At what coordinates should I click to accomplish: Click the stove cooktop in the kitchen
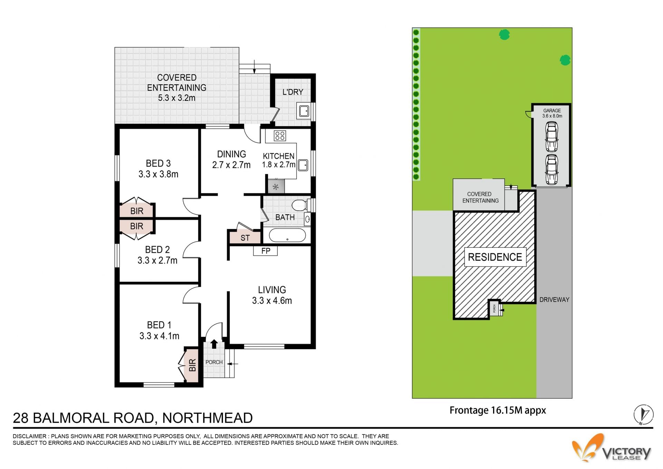click(280, 136)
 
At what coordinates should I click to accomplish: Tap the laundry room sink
click(304, 111)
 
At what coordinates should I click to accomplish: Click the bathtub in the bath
click(287, 235)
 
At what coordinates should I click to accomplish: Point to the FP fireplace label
click(266, 251)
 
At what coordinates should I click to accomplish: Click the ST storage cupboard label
click(245, 238)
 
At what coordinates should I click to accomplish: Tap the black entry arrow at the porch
click(214, 344)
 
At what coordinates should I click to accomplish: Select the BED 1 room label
click(159, 325)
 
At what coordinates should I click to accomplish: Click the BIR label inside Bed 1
click(192, 365)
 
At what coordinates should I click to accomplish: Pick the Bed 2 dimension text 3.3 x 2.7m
click(157, 260)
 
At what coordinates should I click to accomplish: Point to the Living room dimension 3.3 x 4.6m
click(272, 301)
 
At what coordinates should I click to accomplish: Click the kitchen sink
click(303, 165)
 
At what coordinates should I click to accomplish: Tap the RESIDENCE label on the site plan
click(495, 257)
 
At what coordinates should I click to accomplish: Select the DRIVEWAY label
click(554, 300)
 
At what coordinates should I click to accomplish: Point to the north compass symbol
click(644, 414)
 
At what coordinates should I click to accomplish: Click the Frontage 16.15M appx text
click(498, 410)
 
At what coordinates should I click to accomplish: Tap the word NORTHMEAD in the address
click(208, 418)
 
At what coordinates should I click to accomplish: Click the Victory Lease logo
click(611, 448)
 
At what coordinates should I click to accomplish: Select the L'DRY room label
click(292, 92)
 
